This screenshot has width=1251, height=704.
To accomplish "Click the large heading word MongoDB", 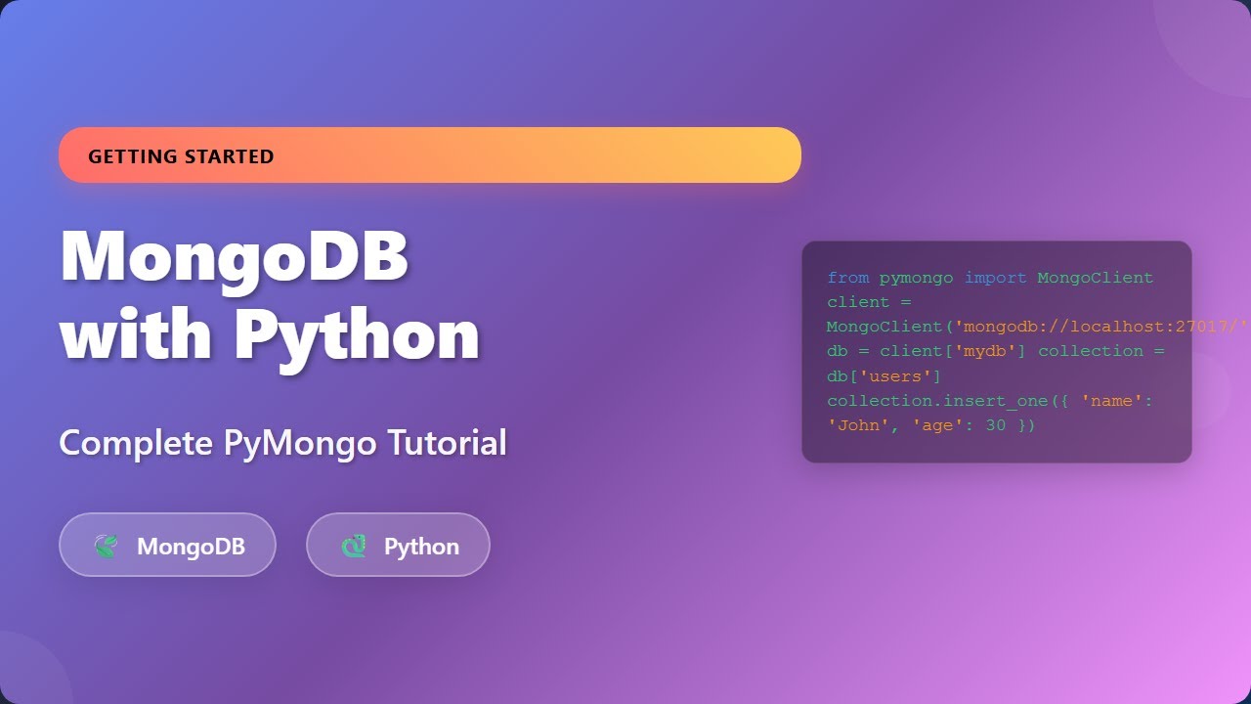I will pos(235,256).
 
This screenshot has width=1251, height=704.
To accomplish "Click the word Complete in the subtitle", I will pos(136,443).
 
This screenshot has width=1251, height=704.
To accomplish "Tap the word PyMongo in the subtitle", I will pos(300,443).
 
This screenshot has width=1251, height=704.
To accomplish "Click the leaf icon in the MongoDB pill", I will pos(106,546).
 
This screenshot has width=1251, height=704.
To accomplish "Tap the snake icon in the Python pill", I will pos(353,546).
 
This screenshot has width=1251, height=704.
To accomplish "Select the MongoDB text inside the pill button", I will pos(191,546).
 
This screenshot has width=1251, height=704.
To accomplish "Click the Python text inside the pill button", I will pos(421,546).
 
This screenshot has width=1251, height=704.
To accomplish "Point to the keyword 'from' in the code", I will pos(847,278).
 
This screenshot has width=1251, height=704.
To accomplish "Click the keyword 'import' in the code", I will pos(995,278).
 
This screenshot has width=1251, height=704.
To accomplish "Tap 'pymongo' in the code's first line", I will pos(916,278).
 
